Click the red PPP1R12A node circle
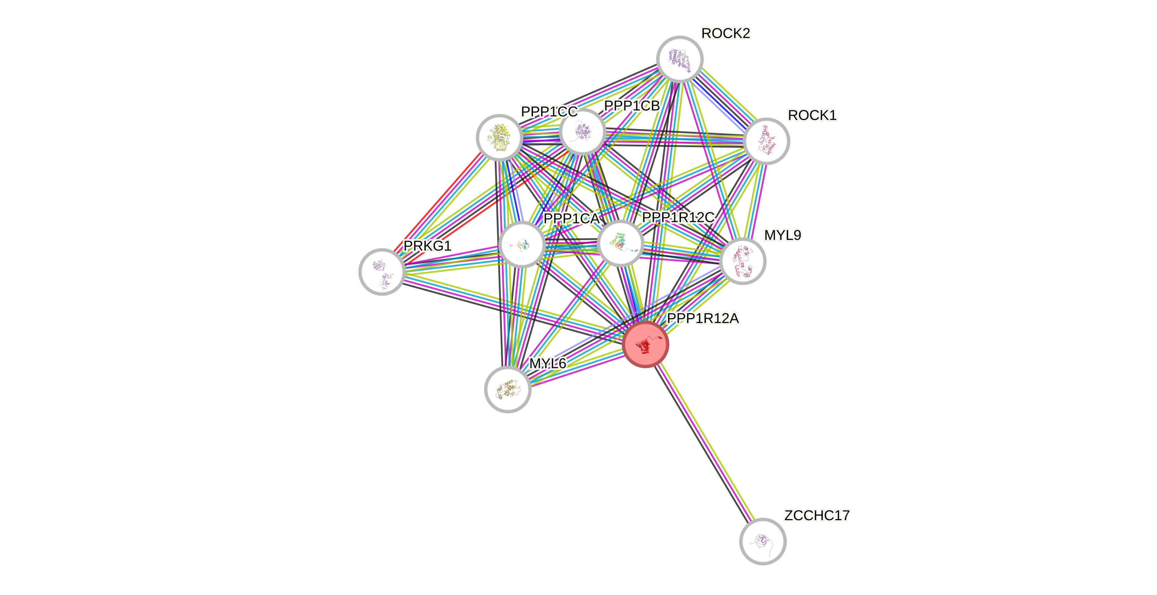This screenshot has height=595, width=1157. click(645, 344)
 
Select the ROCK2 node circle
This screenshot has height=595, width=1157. click(680, 59)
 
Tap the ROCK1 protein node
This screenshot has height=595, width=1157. click(766, 141)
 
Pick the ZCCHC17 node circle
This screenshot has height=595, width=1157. click(763, 541)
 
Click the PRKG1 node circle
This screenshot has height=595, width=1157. click(382, 271)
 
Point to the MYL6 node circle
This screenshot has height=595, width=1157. click(508, 389)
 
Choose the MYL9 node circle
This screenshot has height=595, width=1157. click(743, 261)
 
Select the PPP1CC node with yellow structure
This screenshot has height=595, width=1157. click(499, 137)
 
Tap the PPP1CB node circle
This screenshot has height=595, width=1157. click(582, 132)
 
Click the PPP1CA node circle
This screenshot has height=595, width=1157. click(522, 244)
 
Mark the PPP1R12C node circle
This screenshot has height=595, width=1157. click(621, 243)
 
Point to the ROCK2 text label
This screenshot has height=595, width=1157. click(726, 33)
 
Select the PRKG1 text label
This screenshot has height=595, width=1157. click(427, 246)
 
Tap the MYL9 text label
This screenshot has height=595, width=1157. click(782, 235)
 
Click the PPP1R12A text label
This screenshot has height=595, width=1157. click(703, 318)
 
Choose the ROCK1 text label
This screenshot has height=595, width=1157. click(812, 115)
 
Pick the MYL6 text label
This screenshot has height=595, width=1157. click(548, 363)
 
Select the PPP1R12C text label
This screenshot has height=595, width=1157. click(678, 217)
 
